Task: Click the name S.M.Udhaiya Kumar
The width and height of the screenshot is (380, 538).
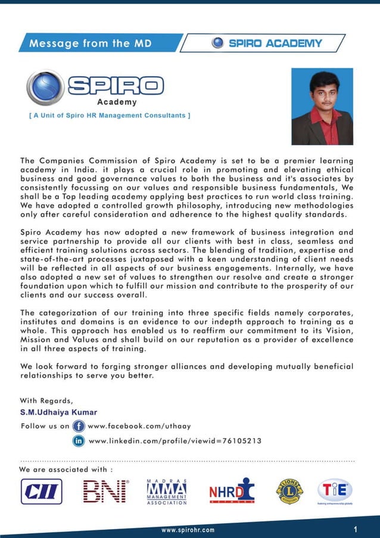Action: [x=58, y=412]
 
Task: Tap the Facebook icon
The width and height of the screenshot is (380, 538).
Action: [x=78, y=426]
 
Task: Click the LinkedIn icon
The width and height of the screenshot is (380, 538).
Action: [x=78, y=441]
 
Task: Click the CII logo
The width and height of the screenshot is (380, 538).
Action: [x=41, y=492]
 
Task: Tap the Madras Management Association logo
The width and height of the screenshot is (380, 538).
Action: [x=167, y=492]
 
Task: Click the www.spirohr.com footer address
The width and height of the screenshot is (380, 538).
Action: [x=188, y=530]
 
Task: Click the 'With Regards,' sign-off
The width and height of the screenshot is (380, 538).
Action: [x=46, y=400]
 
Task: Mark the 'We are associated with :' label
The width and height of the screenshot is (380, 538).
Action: [x=66, y=469]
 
